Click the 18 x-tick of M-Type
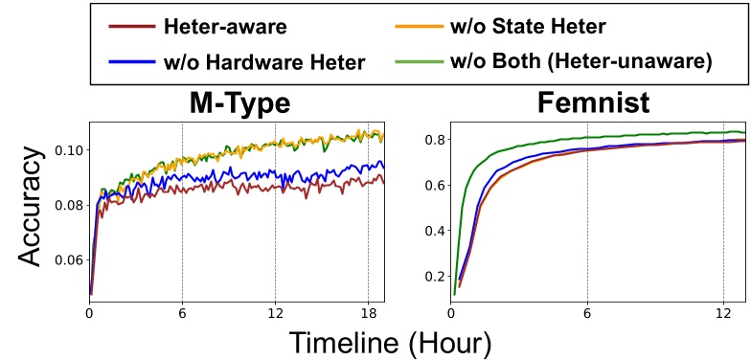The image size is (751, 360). pos(368,312)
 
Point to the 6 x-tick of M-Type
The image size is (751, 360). pos(182,312)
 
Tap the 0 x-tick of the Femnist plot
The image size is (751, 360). pos(451,312)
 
